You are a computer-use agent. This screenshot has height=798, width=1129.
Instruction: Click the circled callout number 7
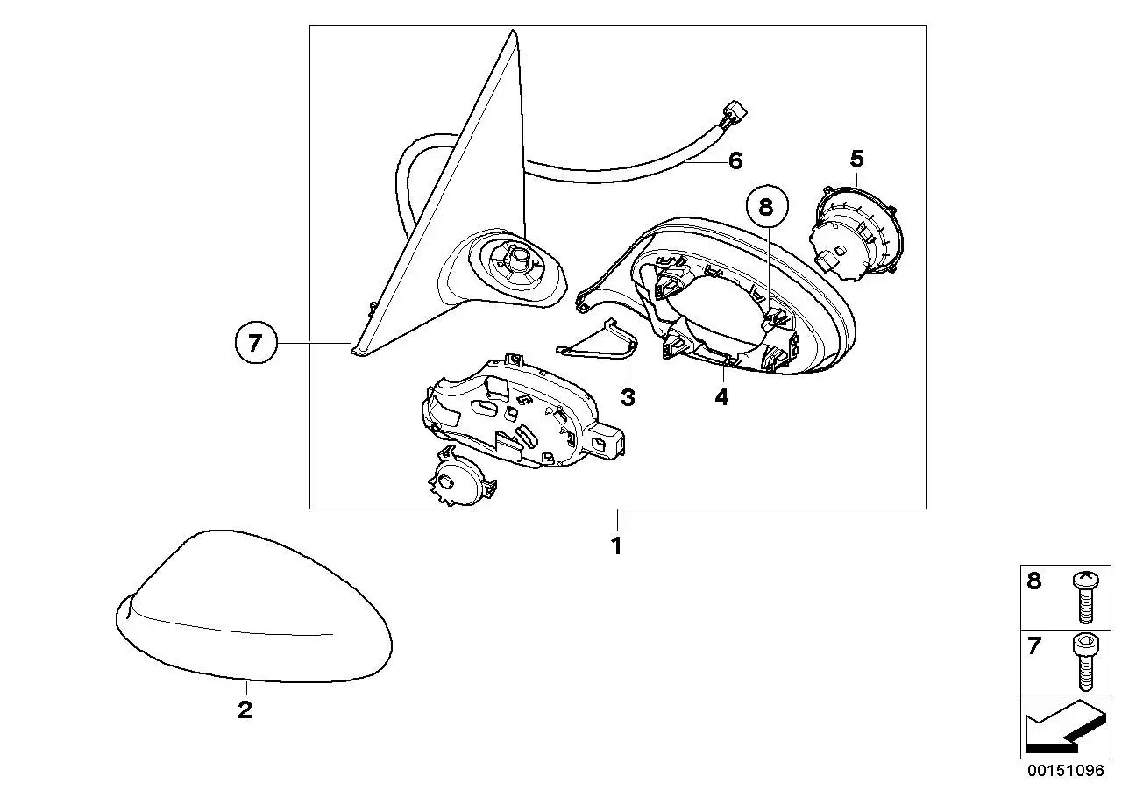[256, 343]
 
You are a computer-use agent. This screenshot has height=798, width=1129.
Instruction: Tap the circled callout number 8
[765, 207]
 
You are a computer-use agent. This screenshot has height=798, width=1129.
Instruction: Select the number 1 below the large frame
[616, 546]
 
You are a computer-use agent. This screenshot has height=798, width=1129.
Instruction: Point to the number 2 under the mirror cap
[245, 709]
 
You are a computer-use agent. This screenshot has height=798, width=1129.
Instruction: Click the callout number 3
[628, 397]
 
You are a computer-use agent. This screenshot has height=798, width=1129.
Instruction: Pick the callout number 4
[721, 397]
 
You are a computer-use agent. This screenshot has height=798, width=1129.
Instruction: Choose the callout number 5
[857, 159]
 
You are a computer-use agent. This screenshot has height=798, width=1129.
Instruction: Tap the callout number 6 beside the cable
[736, 160]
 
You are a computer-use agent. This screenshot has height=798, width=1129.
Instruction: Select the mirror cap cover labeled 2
[254, 607]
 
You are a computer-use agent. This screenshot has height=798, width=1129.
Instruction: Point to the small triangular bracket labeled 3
[597, 341]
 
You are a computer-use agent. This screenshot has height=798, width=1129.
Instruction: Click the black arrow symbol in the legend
[1064, 730]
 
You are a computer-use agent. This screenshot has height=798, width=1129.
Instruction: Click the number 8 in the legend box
[1034, 581]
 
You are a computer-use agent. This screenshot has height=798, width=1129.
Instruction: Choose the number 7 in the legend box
[1034, 645]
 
